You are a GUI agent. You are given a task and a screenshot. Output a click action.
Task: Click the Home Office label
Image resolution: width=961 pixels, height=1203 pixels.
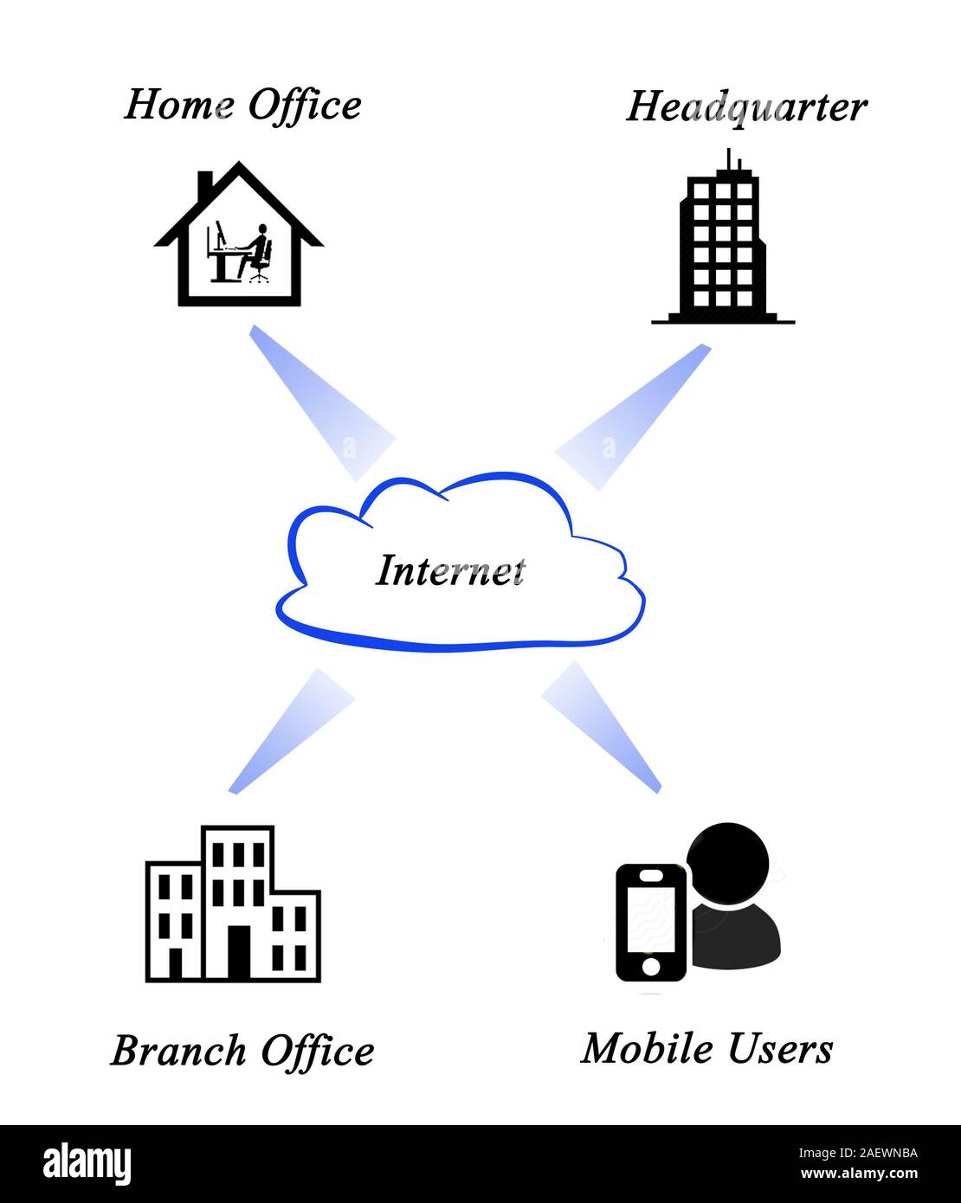[x=242, y=106]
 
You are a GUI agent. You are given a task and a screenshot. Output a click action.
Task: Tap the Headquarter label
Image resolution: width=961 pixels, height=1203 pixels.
[x=745, y=107]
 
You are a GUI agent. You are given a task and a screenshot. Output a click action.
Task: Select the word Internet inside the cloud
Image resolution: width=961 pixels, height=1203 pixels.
[x=450, y=570]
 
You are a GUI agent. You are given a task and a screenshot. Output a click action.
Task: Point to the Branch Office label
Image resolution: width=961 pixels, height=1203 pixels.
[x=242, y=1051]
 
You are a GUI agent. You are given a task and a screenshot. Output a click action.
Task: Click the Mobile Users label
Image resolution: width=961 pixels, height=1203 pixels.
[x=706, y=1048]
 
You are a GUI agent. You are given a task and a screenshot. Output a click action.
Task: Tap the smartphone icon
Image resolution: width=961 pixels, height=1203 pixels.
[x=650, y=922]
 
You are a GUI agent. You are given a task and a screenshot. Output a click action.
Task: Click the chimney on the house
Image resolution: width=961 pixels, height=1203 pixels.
[x=205, y=183]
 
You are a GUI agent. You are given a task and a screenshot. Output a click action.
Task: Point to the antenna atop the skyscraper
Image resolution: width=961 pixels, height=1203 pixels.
[x=729, y=160]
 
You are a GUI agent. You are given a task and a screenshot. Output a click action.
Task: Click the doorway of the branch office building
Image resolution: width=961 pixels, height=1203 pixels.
[x=238, y=952]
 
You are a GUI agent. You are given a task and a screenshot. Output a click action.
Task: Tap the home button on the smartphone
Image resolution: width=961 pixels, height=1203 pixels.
[x=650, y=965]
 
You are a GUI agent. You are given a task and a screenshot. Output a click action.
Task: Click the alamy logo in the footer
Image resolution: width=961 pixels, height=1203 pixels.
[x=87, y=1163]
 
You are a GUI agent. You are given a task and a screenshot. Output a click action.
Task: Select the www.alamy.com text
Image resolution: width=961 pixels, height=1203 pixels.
[x=858, y=1174]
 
